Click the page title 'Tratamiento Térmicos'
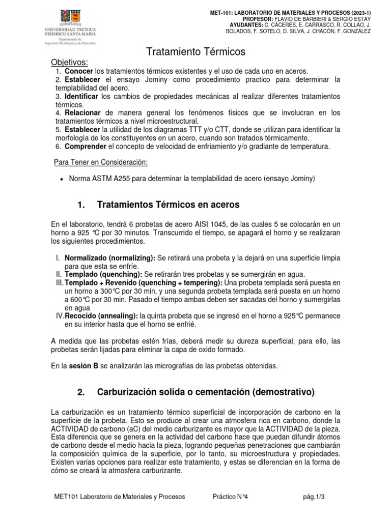coord(196,52)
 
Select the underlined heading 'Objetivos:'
coord(69,63)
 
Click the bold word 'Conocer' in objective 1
coord(79,72)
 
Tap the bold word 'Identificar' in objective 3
coord(82,97)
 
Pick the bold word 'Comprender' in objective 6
coord(86,147)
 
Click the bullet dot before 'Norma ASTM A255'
coord(62,179)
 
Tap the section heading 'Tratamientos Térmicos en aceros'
coord(160,205)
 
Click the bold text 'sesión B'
coord(85,365)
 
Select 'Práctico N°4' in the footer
coord(231,497)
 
